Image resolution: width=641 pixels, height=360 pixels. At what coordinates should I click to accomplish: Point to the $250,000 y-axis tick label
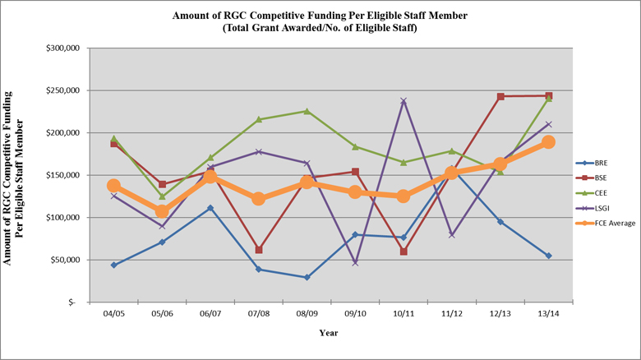(62, 90)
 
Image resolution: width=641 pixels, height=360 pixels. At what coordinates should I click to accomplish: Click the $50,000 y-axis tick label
(64, 260)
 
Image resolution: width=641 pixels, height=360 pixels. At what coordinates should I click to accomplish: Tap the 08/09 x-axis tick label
(307, 313)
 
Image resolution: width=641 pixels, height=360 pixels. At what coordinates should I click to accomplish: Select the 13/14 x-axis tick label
(548, 313)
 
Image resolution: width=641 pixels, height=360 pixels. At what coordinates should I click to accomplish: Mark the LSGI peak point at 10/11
(404, 101)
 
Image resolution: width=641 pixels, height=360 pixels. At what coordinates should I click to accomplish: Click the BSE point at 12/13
(500, 96)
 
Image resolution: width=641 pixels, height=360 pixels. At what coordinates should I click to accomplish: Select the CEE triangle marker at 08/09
(307, 111)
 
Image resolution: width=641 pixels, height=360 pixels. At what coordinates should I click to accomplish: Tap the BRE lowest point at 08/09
(307, 277)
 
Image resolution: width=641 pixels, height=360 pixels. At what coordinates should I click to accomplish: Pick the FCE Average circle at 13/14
(548, 142)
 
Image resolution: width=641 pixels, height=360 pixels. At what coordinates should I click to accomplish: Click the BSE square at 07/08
(259, 249)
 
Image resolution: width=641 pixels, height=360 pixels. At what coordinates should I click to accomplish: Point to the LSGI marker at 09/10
(355, 262)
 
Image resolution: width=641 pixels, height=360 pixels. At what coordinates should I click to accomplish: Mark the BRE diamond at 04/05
(113, 265)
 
